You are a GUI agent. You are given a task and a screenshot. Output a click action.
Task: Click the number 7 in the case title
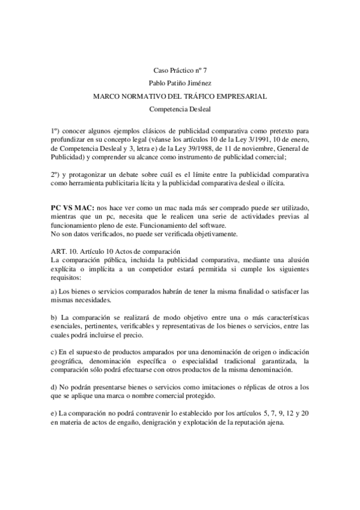click(x=204, y=70)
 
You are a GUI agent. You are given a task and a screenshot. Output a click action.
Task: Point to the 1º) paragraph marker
click(x=56, y=131)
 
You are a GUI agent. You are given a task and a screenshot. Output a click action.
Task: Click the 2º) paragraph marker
click(x=56, y=174)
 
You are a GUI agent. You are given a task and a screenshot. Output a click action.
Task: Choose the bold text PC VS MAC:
click(x=73, y=206)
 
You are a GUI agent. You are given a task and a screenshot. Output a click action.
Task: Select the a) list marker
click(x=54, y=291)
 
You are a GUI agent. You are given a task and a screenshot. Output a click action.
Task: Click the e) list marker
click(x=54, y=413)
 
